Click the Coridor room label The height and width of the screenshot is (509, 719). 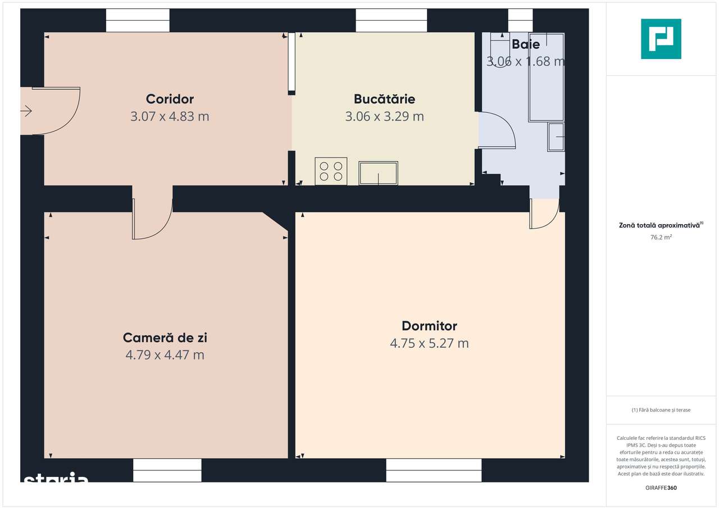point(170,99)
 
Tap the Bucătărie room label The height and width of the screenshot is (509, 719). point(384,99)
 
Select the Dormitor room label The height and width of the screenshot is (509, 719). point(429,326)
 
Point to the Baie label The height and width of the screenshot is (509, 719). point(525,45)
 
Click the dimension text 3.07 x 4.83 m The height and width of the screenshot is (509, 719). point(170,117)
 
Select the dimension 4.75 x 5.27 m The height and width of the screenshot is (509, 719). point(429,343)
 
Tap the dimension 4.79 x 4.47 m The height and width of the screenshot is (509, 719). point(165,355)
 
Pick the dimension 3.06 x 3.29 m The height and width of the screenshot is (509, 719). point(384,117)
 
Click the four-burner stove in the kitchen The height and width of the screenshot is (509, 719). point(331,171)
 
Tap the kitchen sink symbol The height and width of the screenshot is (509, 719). point(378,173)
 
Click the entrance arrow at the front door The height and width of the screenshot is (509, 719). point(26,111)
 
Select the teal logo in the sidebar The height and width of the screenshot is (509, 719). point(661,39)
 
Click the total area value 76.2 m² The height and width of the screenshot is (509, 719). point(661,238)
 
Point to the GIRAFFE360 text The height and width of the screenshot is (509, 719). point(661,488)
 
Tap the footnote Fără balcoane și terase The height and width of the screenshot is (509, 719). point(661,410)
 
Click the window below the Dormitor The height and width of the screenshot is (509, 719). point(434,470)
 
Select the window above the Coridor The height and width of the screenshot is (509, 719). point(138,21)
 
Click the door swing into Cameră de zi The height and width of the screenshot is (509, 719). point(153,219)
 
